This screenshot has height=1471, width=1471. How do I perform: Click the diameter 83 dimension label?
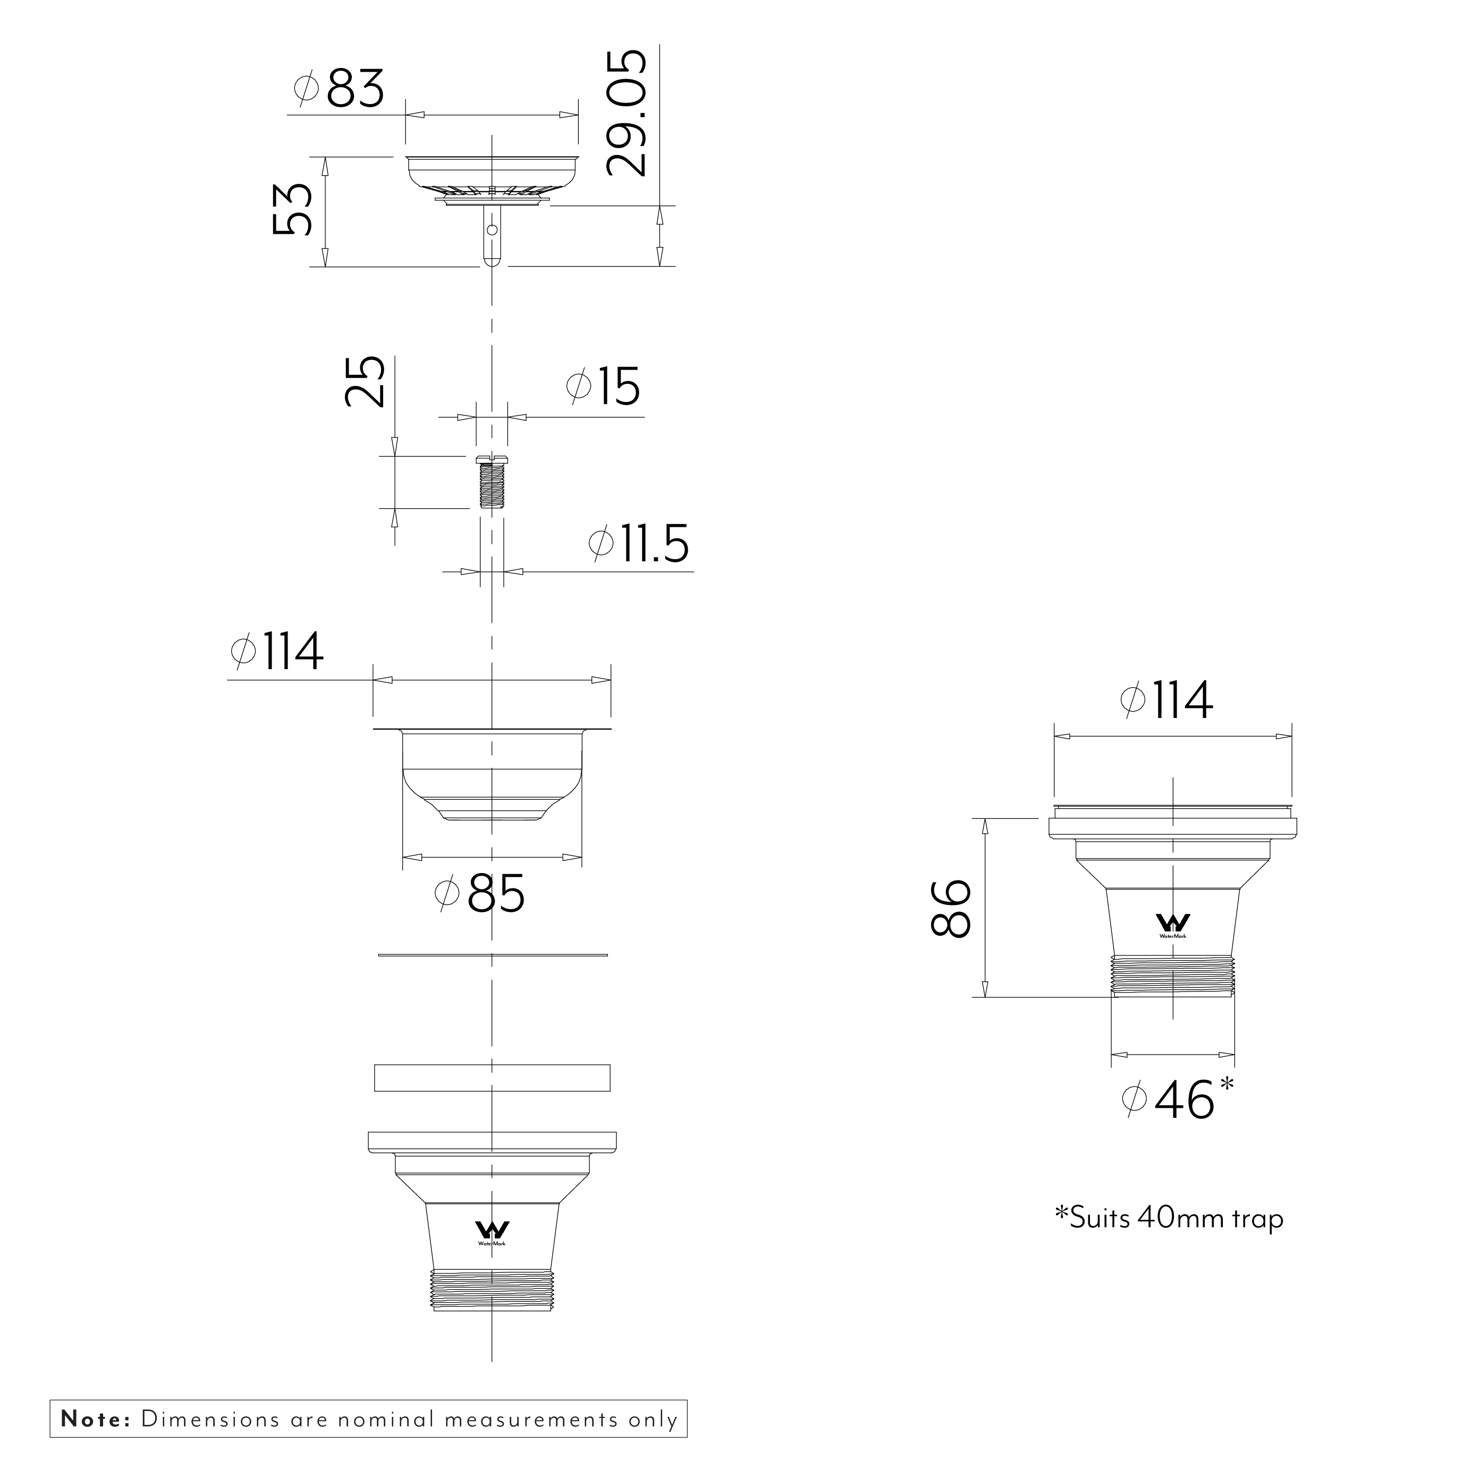[340, 89]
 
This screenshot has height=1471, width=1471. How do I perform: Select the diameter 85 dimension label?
[480, 893]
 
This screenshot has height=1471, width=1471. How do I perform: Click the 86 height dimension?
[951, 908]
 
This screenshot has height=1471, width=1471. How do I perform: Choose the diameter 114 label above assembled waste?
[1167, 700]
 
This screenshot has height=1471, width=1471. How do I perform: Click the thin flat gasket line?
[492, 954]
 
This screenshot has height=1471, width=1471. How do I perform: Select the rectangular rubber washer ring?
[492, 1078]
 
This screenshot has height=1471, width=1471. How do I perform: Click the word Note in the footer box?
[95, 1419]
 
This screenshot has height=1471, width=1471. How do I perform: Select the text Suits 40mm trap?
[1169, 1218]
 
